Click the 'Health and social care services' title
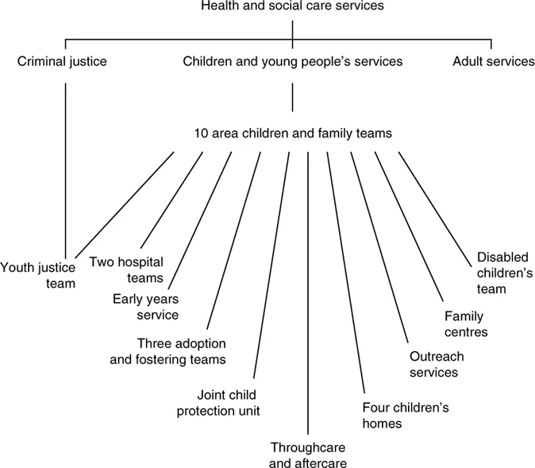click(293, 7)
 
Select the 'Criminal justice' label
click(61, 60)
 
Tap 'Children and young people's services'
click(293, 60)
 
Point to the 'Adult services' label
click(493, 60)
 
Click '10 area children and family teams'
click(293, 133)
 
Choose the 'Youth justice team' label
click(38, 275)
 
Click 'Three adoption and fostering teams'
click(182, 351)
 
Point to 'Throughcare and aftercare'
click(308, 453)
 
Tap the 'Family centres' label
click(465, 324)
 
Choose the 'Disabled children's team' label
click(503, 273)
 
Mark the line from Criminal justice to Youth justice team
click(66, 159)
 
